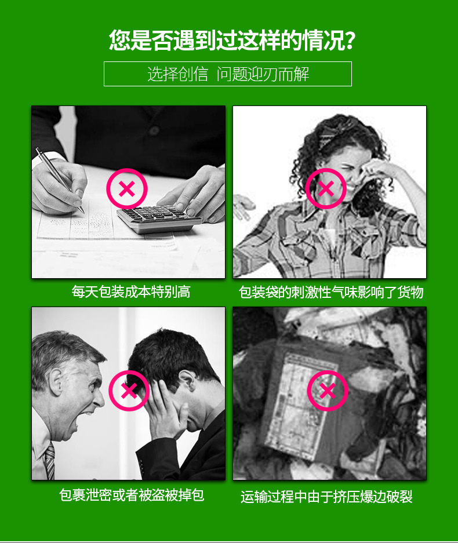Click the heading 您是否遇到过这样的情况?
232,39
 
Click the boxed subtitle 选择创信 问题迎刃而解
228,74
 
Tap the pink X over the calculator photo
128,188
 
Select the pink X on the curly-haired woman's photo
326,188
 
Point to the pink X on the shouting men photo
129,391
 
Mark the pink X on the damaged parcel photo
328,391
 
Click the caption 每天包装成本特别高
130,291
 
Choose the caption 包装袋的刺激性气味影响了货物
331,292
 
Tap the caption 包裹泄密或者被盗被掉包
132,495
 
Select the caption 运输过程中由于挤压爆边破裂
326,497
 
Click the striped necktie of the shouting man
50,461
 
